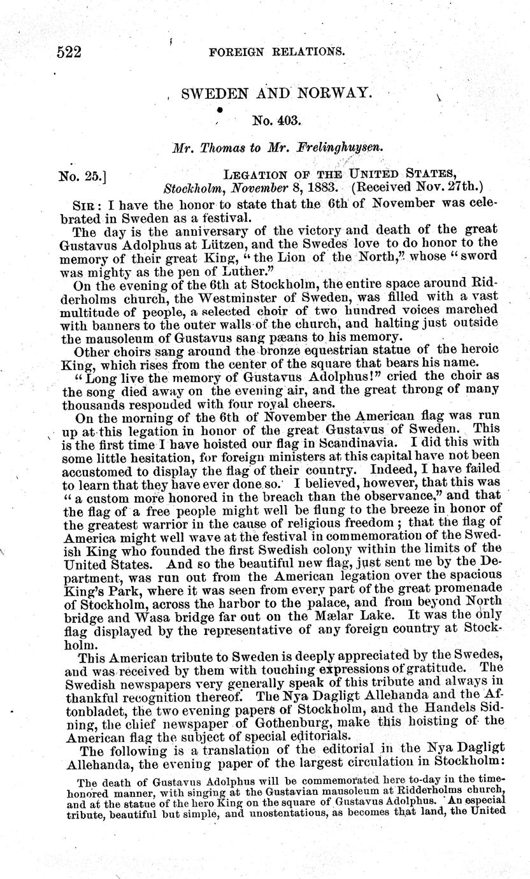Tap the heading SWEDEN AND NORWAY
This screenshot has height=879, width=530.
276,93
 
